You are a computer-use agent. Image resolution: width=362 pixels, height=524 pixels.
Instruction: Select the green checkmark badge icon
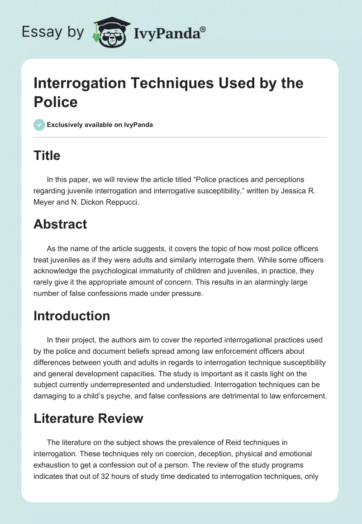coord(39,125)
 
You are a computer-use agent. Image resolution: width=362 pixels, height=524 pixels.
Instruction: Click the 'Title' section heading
coord(47,156)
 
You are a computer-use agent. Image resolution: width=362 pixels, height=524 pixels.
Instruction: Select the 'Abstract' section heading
coord(60,225)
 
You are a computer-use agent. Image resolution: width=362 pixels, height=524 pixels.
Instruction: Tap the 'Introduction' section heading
coord(71,315)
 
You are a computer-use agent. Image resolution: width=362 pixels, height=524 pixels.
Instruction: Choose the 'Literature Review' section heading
coord(88,418)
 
